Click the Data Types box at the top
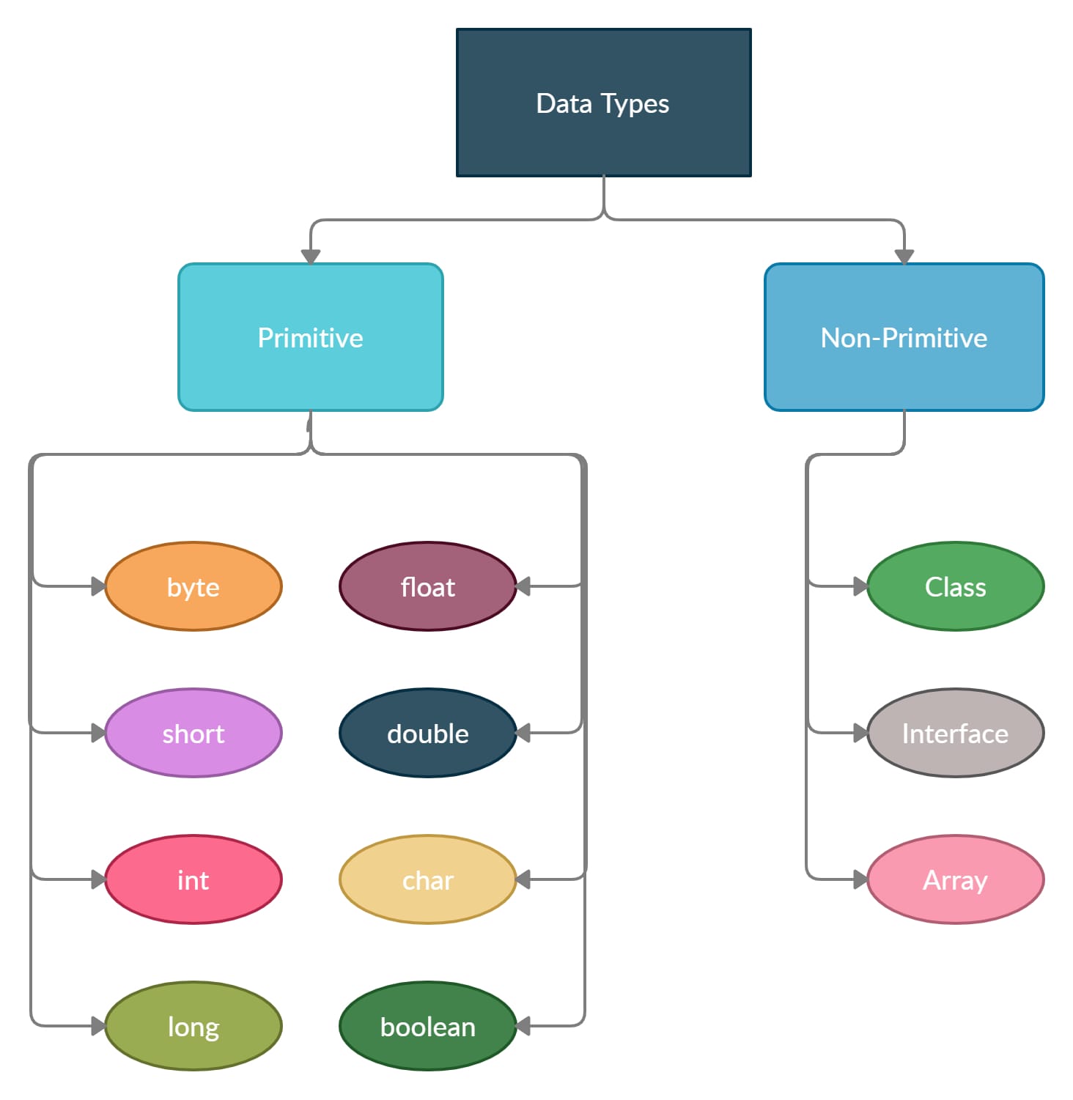(603, 103)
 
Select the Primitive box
(310, 337)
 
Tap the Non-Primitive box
(904, 337)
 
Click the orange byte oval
(193, 586)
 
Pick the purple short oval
(193, 733)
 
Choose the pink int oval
(193, 879)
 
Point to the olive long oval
(193, 1026)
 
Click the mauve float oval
(428, 586)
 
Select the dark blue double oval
(428, 733)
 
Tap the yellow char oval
(428, 879)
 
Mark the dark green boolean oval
(428, 1026)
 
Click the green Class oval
(955, 586)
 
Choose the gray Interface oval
(955, 733)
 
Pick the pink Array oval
(955, 879)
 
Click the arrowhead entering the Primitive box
(311, 256)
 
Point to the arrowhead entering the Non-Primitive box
(904, 256)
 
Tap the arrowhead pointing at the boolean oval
(523, 1026)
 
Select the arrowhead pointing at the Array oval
(860, 879)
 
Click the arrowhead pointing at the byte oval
(98, 586)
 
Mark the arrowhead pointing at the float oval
(523, 586)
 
